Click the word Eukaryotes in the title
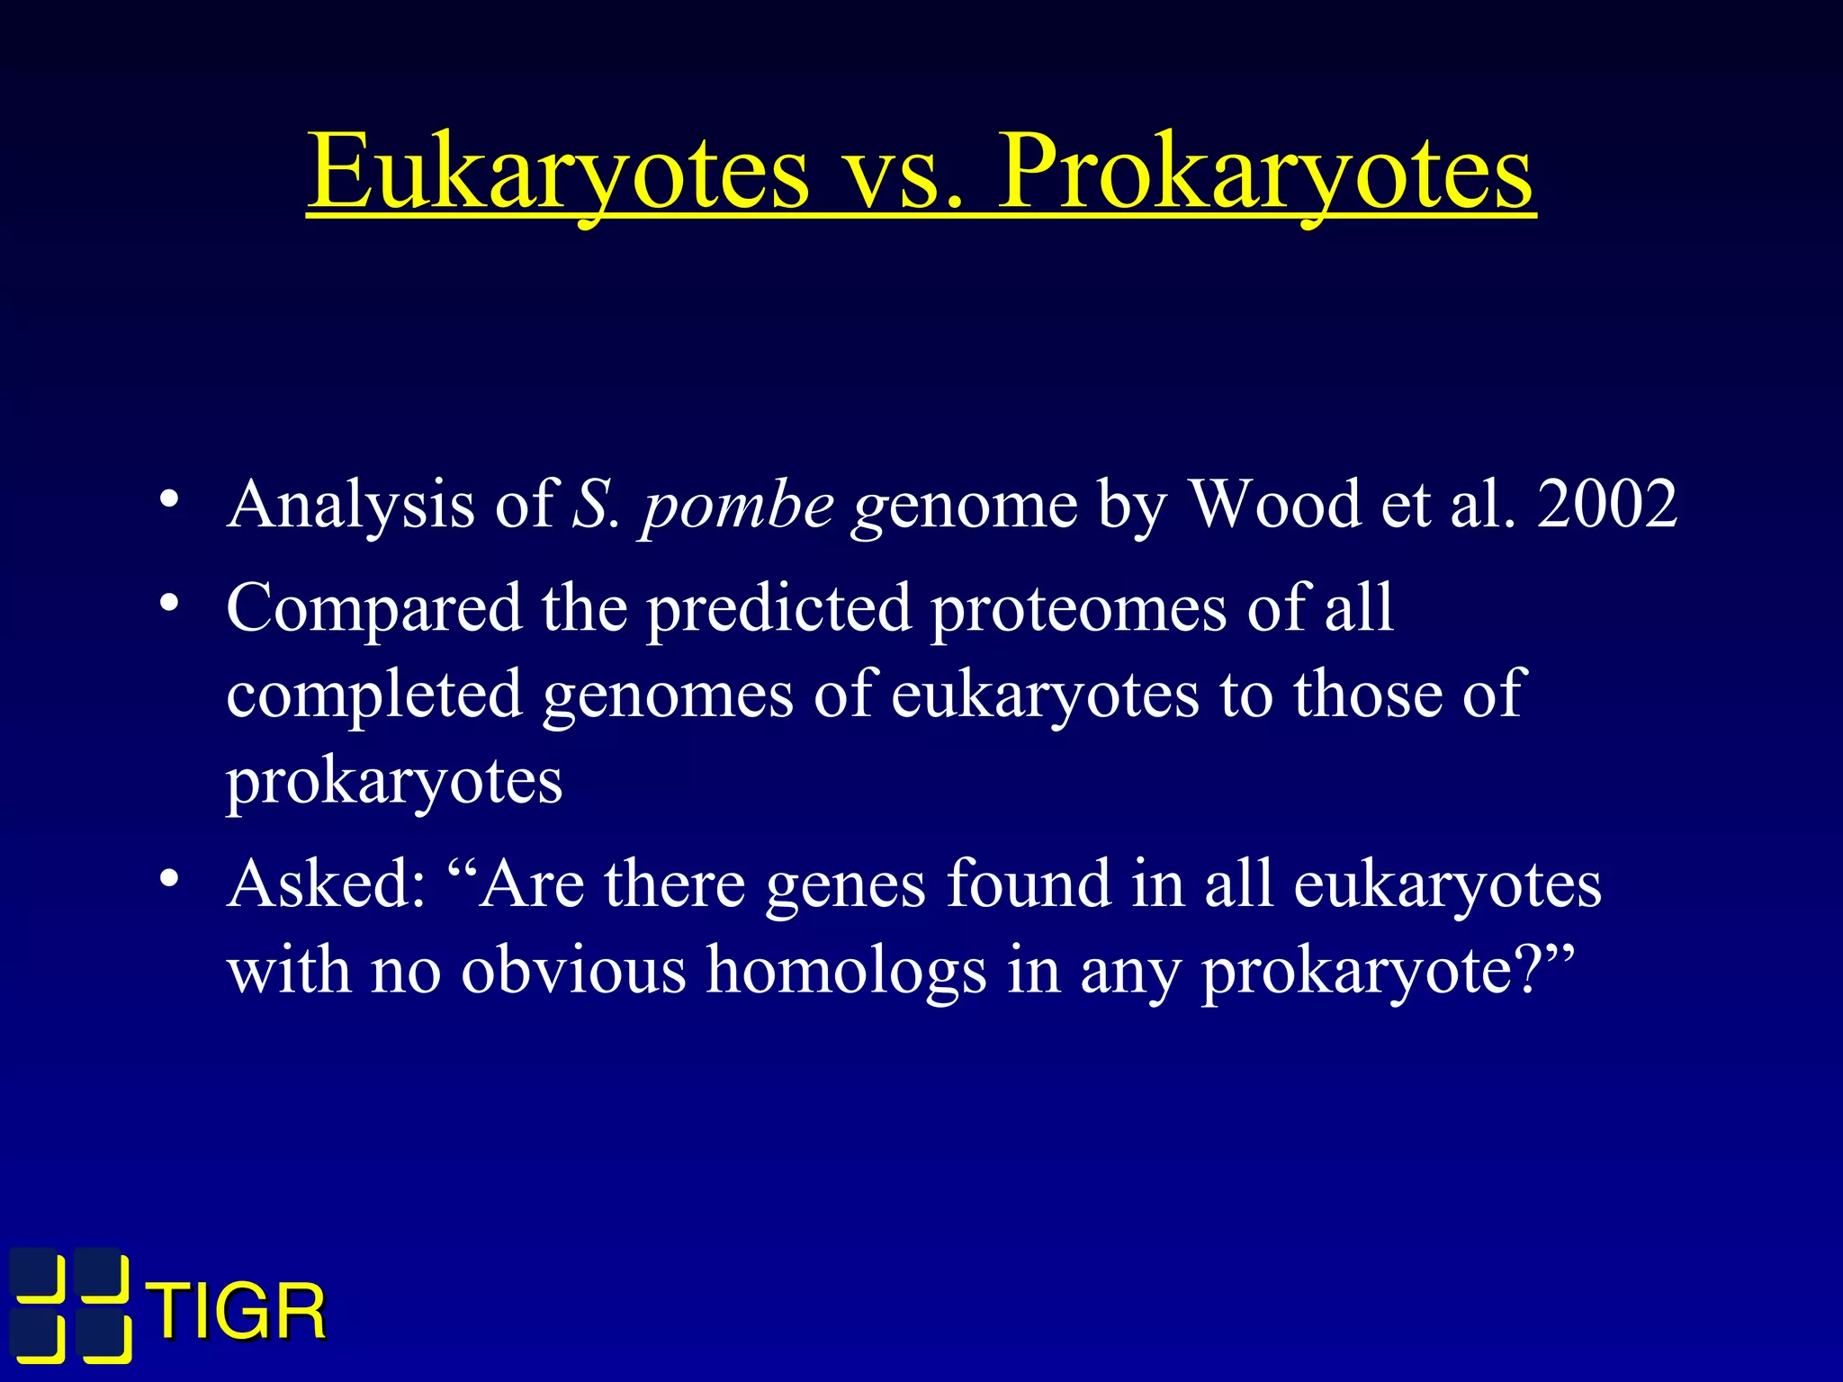point(558,171)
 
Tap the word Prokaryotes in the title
point(1265,171)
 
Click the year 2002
point(1607,504)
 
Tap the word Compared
point(373,608)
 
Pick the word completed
point(373,695)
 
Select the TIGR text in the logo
point(238,1313)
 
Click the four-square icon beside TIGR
point(70,1306)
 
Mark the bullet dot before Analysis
point(167,500)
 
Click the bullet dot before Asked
point(167,880)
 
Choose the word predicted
point(779,608)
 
